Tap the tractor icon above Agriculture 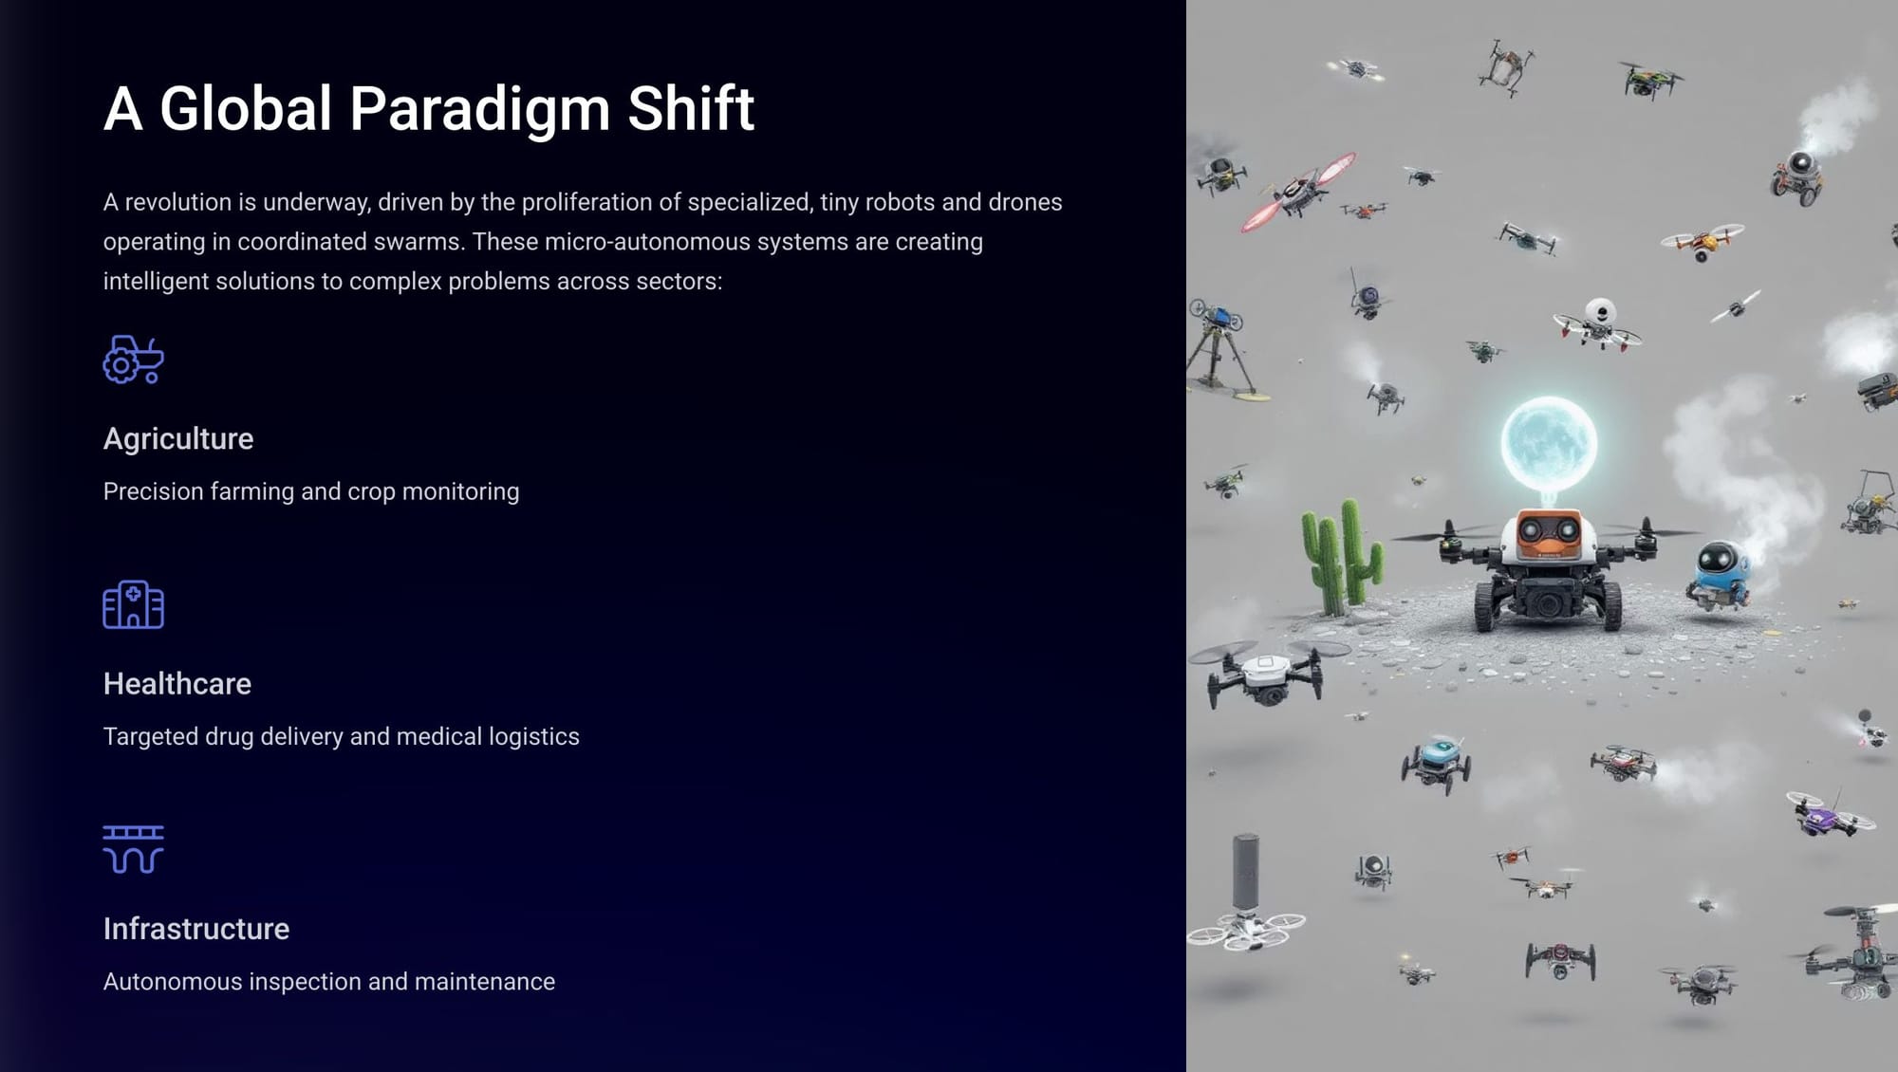(x=134, y=360)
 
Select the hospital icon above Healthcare (x=134, y=604)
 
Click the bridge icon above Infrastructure (x=134, y=849)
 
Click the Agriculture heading (x=178, y=439)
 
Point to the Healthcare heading (x=177, y=684)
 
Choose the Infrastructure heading (x=196, y=929)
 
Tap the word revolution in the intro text (x=178, y=202)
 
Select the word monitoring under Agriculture (x=460, y=492)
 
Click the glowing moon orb (x=1549, y=443)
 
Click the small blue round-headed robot (x=1719, y=573)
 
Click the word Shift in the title (x=691, y=108)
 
